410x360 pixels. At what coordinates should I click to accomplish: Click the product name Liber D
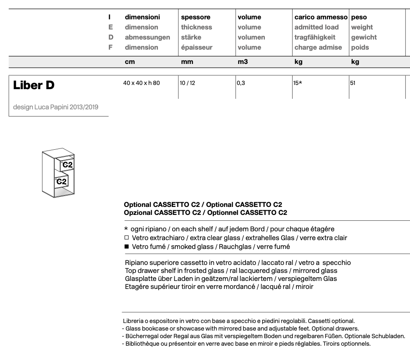34,85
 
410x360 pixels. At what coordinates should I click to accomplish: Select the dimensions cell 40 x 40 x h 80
141,83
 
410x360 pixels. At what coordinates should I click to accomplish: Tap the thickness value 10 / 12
188,83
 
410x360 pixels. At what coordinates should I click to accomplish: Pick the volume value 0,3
241,83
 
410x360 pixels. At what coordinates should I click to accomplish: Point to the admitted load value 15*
298,83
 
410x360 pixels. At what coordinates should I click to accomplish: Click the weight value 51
353,83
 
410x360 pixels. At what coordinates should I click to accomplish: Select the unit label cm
130,62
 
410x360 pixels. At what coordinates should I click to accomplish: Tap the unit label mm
187,62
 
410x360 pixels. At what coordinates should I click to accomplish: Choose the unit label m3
243,62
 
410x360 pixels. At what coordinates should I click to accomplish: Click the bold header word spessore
195,17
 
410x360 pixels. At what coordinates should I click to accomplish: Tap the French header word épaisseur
197,48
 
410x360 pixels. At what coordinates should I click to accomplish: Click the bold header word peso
359,17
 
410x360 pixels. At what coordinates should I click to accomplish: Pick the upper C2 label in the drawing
67,165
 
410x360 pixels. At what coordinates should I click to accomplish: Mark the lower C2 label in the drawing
61,182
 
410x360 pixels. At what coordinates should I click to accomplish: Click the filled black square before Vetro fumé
126,247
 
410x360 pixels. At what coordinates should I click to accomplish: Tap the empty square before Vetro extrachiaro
126,238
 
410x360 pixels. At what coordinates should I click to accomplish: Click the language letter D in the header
111,37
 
